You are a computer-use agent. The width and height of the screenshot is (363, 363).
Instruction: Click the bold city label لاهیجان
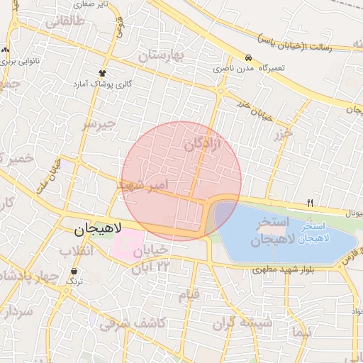pos(99,229)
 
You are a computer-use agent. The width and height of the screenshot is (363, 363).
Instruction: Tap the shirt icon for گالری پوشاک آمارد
pos(103,72)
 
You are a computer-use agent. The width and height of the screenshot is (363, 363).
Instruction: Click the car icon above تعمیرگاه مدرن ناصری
pos(249,57)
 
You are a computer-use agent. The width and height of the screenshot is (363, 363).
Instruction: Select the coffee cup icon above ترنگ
pos(74,271)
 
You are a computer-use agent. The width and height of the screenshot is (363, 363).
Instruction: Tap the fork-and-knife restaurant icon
pos(310,203)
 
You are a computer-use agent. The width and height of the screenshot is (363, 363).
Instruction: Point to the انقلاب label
pos(76,252)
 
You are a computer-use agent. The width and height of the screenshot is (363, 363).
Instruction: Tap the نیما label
pos(301,331)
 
